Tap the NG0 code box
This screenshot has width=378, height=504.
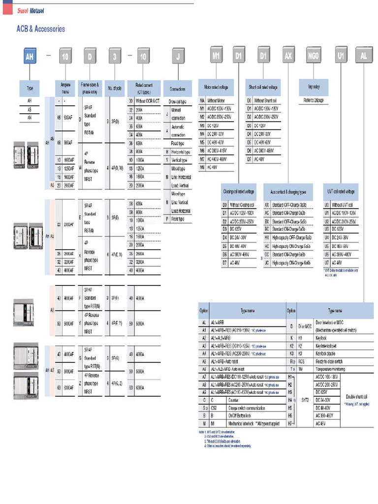point(314,56)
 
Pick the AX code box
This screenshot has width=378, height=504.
point(288,56)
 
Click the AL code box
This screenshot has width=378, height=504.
point(364,56)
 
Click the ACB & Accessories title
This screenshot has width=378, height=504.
point(41,29)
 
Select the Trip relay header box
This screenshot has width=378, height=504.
point(314,87)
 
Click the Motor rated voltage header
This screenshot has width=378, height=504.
point(216,87)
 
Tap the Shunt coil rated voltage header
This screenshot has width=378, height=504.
point(263,87)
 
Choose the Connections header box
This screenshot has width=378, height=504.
point(178,89)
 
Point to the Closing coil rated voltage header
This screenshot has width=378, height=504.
point(239,191)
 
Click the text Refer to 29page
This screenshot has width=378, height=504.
point(314,100)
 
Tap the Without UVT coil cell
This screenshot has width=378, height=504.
point(345,204)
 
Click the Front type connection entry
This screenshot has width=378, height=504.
point(178,219)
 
